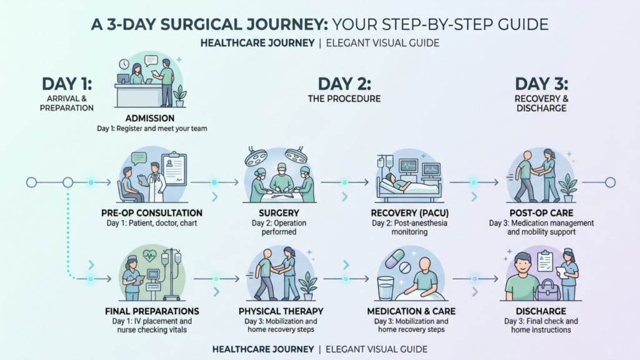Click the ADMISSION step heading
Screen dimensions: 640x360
click(x=150, y=118)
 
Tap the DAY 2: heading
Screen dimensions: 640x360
click(x=344, y=84)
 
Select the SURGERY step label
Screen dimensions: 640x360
click(x=279, y=213)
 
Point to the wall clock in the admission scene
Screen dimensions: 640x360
click(x=124, y=64)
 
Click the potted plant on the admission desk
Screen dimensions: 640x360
click(x=179, y=96)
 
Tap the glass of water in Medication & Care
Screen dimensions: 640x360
click(x=385, y=288)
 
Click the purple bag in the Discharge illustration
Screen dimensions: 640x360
click(x=547, y=289)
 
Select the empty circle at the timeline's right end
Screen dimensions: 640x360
click(x=610, y=182)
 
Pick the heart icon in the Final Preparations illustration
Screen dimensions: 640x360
click(x=150, y=256)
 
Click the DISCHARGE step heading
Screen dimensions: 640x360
click(x=541, y=311)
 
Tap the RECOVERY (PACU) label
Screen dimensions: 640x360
click(x=410, y=213)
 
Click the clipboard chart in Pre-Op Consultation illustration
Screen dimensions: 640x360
click(x=174, y=168)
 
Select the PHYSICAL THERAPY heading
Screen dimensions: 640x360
click(x=281, y=311)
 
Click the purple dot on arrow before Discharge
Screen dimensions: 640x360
click(x=474, y=279)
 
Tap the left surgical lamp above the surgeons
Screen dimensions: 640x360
click(x=256, y=156)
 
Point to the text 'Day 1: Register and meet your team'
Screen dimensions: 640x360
click(x=152, y=129)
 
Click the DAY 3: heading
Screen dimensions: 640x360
click(x=541, y=84)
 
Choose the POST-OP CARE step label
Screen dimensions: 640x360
click(x=541, y=213)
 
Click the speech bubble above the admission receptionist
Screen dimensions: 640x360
click(x=151, y=61)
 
